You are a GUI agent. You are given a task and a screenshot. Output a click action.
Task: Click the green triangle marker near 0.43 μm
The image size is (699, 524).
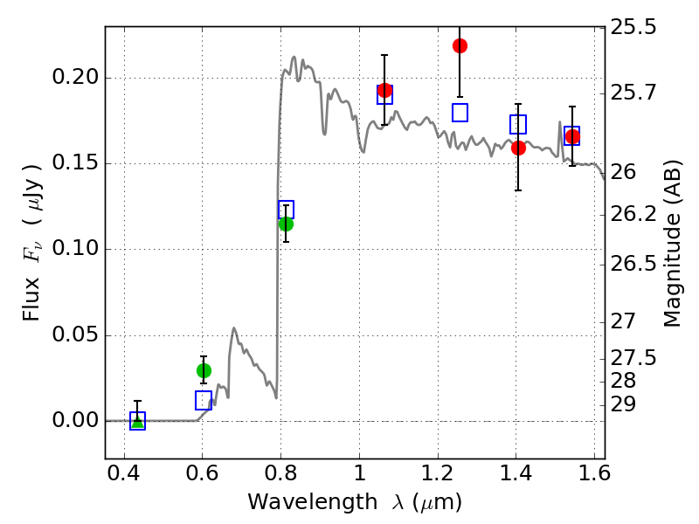pyautogui.click(x=138, y=422)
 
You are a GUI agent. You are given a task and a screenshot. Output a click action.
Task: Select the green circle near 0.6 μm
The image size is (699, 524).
pyautogui.click(x=204, y=370)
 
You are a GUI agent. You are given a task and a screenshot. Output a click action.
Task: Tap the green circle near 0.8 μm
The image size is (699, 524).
pyautogui.click(x=287, y=224)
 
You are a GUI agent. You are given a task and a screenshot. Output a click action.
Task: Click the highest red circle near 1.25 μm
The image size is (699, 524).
pyautogui.click(x=460, y=46)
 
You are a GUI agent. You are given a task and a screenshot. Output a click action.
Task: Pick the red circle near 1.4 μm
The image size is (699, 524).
pyautogui.click(x=518, y=148)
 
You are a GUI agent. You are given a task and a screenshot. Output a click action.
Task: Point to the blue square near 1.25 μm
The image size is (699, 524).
pyautogui.click(x=460, y=113)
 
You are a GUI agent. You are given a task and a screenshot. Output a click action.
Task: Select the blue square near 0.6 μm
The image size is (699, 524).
pyautogui.click(x=204, y=400)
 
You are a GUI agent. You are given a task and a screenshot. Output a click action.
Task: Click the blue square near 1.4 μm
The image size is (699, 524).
pyautogui.click(x=518, y=124)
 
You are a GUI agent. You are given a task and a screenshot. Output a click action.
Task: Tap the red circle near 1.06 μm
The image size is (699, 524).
pyautogui.click(x=385, y=91)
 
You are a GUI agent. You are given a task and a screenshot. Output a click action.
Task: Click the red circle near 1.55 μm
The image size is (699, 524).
pyautogui.click(x=572, y=136)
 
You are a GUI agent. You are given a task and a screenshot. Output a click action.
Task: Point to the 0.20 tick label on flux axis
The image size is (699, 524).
pyautogui.click(x=75, y=77)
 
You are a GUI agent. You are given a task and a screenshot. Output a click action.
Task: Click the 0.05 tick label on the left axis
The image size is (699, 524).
pyautogui.click(x=75, y=334)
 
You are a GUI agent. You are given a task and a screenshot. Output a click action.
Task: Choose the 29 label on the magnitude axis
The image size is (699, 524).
pyautogui.click(x=623, y=404)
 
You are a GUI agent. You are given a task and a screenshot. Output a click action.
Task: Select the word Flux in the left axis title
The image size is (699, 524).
pyautogui.click(x=31, y=300)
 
